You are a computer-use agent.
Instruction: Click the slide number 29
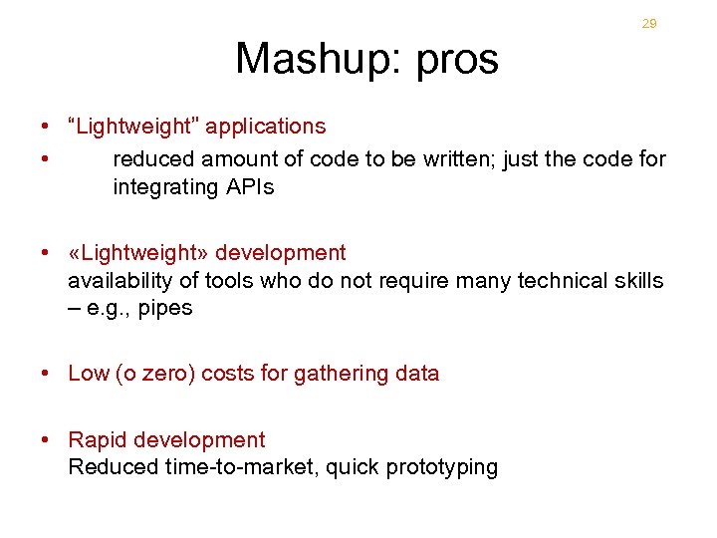click(649, 24)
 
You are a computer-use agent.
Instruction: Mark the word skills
click(637, 281)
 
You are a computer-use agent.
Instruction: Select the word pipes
click(165, 309)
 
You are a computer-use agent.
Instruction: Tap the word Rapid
click(97, 440)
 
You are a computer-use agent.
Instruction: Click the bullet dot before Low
click(46, 374)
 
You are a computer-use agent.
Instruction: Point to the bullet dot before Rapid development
click(46, 440)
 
